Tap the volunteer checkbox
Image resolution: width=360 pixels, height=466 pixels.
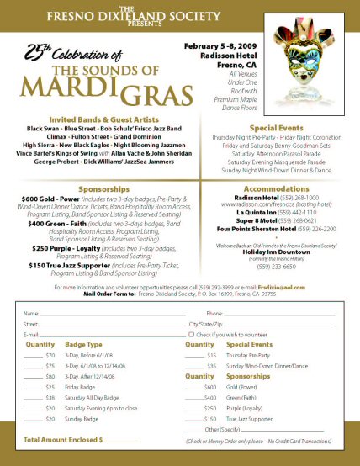pos(192,334)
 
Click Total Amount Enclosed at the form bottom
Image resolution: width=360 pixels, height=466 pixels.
pos(61,440)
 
